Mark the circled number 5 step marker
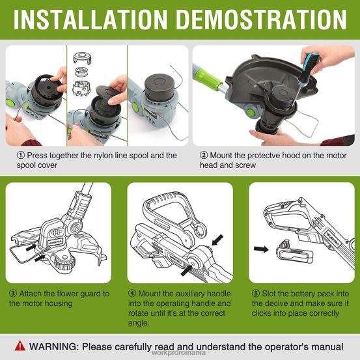pyautogui.click(x=255, y=293)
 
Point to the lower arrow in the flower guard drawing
pyautogui.click(x=40, y=259)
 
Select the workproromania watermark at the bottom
pyautogui.click(x=180, y=355)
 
